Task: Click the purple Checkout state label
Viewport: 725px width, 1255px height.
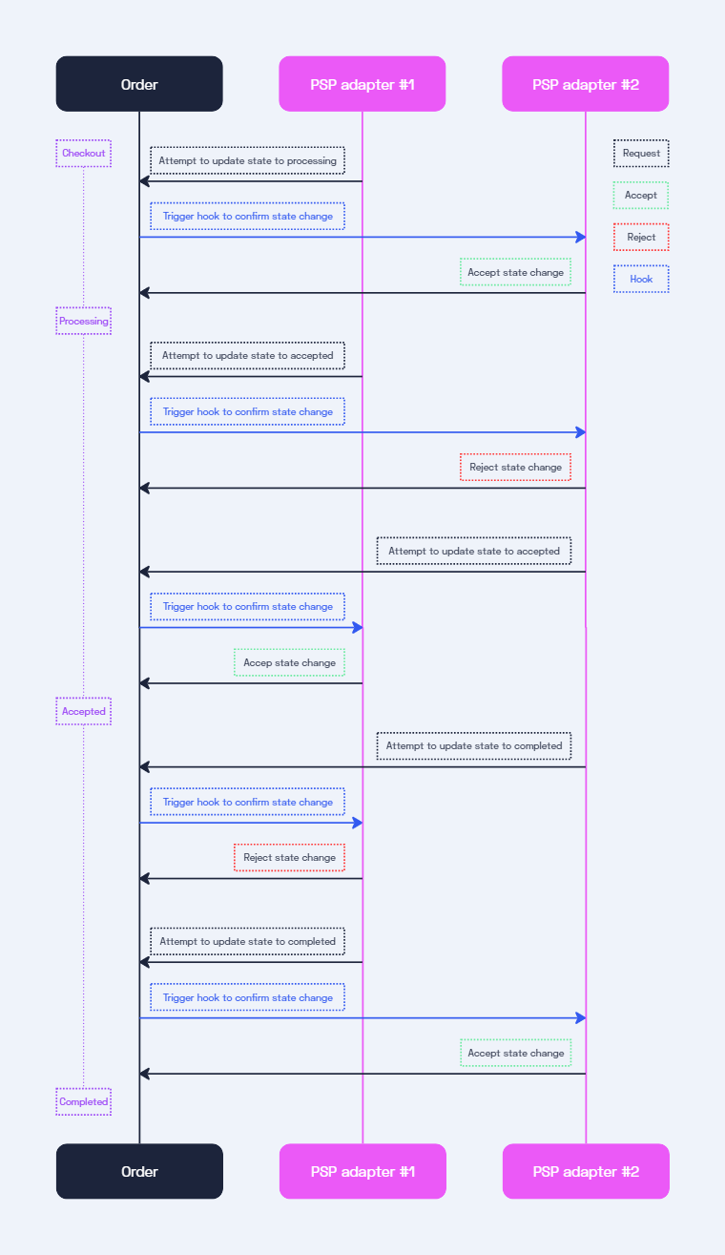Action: coord(83,154)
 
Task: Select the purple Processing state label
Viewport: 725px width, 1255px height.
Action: coord(83,322)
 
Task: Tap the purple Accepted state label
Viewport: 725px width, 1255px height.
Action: coord(83,712)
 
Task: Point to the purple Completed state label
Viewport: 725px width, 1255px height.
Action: coord(83,1102)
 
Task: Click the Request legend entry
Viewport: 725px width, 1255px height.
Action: coord(641,154)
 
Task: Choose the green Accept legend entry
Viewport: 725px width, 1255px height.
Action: coord(641,196)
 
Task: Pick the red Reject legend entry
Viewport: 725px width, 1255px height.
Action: coord(641,238)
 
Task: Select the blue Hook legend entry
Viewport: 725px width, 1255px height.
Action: coord(641,280)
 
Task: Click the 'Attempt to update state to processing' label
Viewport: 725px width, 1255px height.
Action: coord(247,161)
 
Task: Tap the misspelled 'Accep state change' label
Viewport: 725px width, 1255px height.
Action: coord(289,663)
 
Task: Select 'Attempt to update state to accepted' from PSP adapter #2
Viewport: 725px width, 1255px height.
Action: coord(474,552)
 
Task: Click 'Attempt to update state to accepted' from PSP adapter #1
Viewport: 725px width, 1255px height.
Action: coord(247,356)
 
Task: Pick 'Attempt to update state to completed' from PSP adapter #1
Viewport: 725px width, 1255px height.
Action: coord(247,942)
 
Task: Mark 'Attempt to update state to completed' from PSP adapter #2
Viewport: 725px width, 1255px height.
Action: coord(474,746)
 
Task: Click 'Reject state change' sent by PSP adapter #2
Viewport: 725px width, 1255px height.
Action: coord(515,468)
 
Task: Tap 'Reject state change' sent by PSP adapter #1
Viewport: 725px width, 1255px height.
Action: coord(289,858)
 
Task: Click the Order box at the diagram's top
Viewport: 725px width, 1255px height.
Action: coord(139,84)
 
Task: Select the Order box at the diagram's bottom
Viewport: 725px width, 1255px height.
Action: coord(139,1171)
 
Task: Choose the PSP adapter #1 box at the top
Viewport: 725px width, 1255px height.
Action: coord(362,84)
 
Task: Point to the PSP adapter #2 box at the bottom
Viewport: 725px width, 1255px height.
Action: coord(586,1171)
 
